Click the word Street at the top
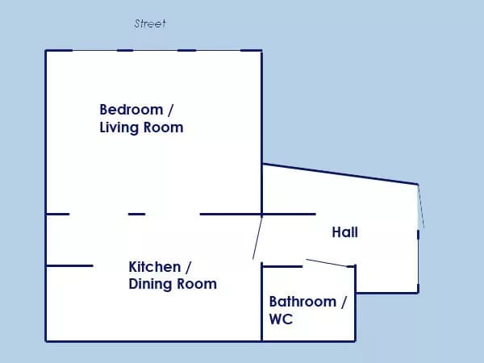150,23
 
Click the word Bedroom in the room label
131,110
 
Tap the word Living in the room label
119,127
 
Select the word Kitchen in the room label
155,267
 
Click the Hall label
344,232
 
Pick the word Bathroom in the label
302,302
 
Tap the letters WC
281,319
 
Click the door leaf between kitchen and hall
257,236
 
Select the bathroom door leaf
328,263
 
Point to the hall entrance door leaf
421,207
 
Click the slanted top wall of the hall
340,174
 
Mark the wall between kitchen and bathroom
261,302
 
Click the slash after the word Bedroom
170,111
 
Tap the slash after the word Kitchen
188,267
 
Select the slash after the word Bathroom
344,302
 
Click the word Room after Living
163,127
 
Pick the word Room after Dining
197,284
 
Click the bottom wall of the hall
387,292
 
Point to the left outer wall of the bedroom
46,132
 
